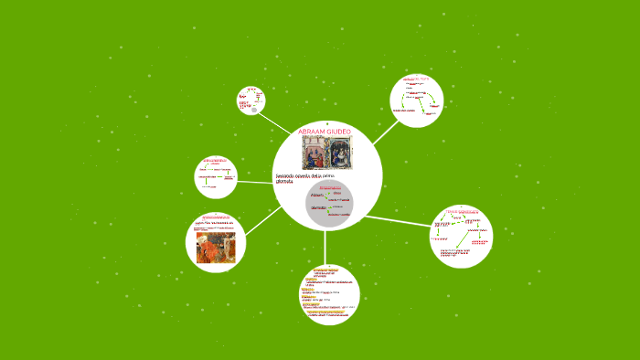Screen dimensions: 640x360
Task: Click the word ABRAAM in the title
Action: [x=313, y=132]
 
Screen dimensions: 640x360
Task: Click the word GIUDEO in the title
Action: [x=340, y=132]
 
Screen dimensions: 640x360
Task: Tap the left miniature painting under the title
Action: [x=313, y=153]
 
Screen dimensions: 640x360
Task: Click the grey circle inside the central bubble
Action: [x=328, y=204]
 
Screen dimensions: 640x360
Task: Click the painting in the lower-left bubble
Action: [x=216, y=247]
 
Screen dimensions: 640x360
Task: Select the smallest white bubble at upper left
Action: [x=251, y=101]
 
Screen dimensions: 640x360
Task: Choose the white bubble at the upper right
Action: [x=416, y=101]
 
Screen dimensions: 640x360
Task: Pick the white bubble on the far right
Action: [x=461, y=236]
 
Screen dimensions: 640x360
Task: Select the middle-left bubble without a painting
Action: [x=216, y=176]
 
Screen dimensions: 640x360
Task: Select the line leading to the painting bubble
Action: [x=263, y=219]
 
